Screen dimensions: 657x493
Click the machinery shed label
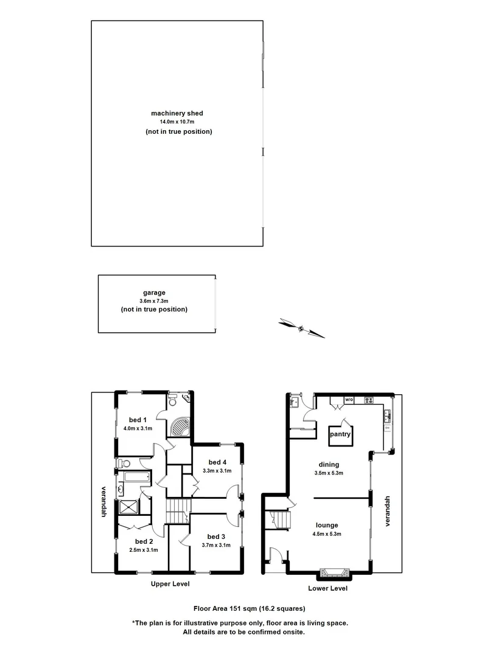click(x=177, y=113)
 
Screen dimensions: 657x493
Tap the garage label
click(x=154, y=293)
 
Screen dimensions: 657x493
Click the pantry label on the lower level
click(x=340, y=435)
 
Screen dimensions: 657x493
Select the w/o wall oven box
click(x=349, y=400)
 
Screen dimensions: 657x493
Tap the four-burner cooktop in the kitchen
click(x=368, y=400)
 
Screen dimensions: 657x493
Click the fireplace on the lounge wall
click(x=334, y=572)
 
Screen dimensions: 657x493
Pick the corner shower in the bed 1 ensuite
click(x=181, y=426)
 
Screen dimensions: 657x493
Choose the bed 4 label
click(x=217, y=461)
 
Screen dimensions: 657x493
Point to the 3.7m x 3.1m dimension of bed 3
click(x=215, y=545)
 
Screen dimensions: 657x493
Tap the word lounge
click(x=327, y=525)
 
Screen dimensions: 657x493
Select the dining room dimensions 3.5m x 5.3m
click(x=328, y=473)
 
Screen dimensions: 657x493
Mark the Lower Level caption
click(x=327, y=588)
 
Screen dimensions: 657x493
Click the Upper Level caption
click(x=170, y=584)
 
